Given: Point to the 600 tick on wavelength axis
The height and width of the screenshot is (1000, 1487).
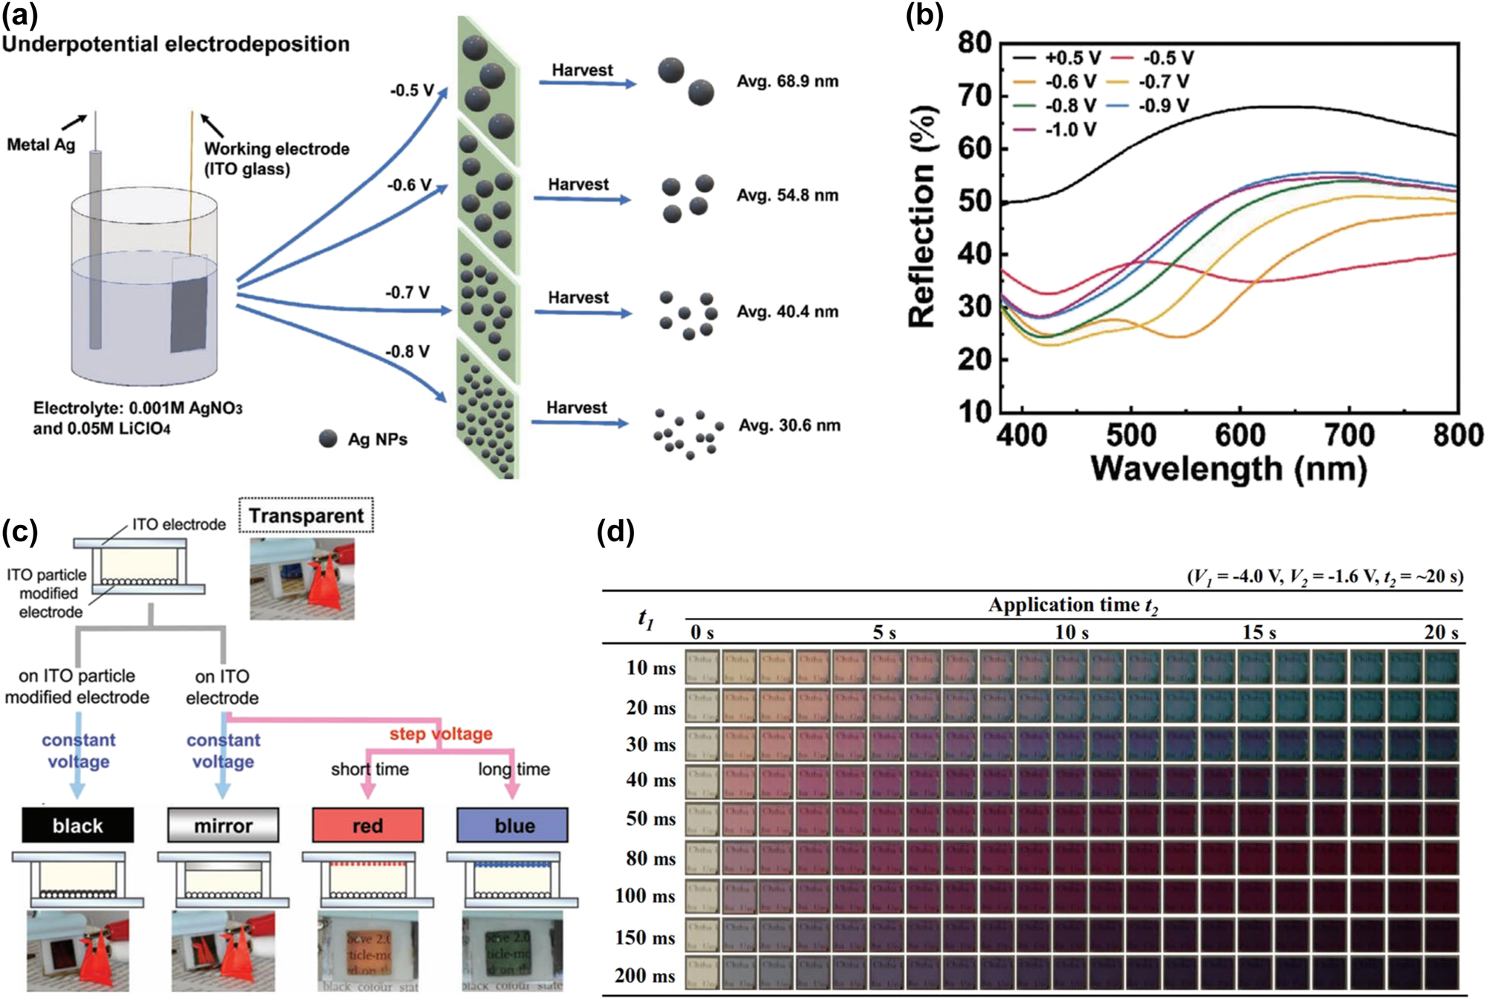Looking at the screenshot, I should (1239, 435).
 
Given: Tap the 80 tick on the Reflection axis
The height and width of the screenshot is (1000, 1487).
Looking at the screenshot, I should (974, 43).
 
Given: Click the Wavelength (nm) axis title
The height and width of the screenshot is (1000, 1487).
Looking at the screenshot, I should (1228, 469).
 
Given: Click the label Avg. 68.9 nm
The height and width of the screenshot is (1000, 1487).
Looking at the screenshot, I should (787, 81).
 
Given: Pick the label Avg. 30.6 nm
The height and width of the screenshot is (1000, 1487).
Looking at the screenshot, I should (789, 425).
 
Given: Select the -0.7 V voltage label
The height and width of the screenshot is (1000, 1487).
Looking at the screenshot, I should (407, 293).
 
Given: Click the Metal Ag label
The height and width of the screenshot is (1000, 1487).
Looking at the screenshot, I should (41, 144).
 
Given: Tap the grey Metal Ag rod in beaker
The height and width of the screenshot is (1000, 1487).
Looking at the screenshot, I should (95, 246).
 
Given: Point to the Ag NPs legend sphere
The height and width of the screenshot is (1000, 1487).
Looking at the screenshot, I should (328, 439).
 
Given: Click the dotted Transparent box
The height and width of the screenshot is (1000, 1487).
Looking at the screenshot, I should (306, 515).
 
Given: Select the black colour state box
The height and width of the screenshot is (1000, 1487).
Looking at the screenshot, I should (77, 825).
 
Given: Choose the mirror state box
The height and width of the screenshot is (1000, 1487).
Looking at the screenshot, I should (223, 825).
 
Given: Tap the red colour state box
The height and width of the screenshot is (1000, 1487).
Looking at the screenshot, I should (368, 825).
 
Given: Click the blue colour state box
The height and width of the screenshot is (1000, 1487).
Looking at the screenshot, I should (513, 825).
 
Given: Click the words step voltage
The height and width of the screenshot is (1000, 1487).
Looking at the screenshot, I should (441, 733).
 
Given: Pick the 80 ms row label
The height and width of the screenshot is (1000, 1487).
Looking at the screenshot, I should (650, 859).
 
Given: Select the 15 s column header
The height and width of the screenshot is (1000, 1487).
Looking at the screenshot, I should (1259, 633).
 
